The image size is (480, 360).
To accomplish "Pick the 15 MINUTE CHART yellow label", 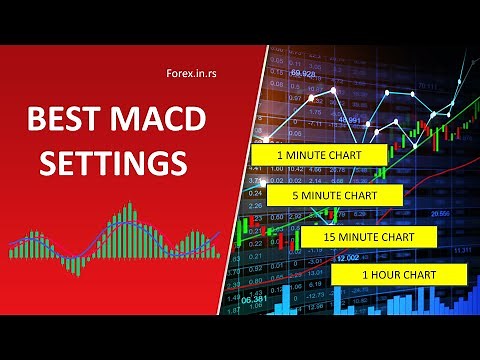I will click(367, 236).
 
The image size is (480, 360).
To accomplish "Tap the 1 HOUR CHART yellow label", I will click(398, 272).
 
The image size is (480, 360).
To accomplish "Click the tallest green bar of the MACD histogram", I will click(128, 225).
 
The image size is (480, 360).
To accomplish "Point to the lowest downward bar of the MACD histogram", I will click(72, 265).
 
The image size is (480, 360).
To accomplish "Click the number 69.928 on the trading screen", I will click(304, 74).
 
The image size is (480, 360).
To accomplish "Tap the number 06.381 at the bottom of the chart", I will click(254, 299).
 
